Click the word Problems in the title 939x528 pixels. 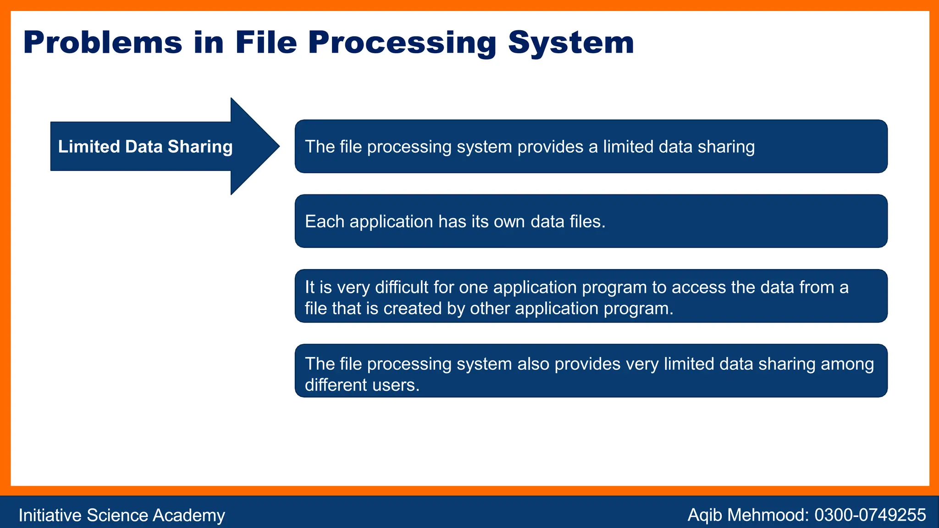(x=103, y=43)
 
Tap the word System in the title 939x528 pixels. (x=571, y=43)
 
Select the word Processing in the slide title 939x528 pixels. (x=402, y=43)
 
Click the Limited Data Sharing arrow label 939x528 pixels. (x=145, y=147)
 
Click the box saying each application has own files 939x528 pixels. (x=591, y=221)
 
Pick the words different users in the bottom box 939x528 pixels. (x=362, y=385)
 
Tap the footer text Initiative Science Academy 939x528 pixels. (x=122, y=515)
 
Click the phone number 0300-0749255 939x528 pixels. (x=870, y=515)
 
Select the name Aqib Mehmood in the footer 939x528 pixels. (x=747, y=515)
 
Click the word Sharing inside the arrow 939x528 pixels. (x=200, y=147)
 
